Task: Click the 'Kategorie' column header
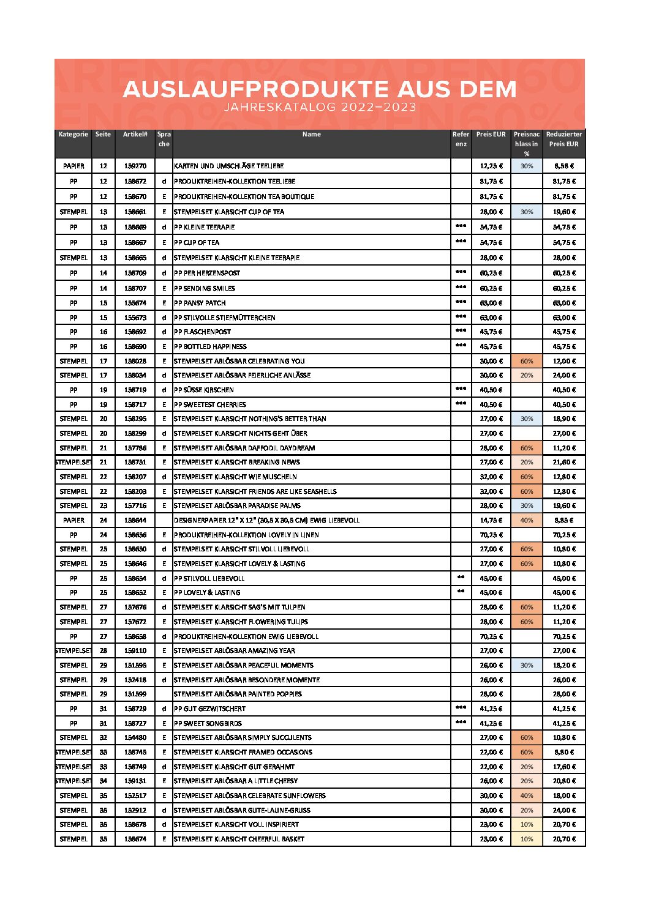(73, 135)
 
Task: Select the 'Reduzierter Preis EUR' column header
(563, 139)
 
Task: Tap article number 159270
(135, 166)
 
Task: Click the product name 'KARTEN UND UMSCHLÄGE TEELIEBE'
(229, 166)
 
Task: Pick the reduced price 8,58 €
(563, 166)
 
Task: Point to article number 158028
(135, 361)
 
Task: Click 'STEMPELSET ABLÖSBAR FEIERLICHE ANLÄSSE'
(243, 375)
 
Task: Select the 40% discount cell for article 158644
(527, 520)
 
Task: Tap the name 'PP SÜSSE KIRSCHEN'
(204, 390)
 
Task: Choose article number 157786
(135, 448)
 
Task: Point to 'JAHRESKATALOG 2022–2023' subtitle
(320, 107)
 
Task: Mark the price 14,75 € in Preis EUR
(491, 520)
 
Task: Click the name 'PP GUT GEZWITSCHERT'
(210, 709)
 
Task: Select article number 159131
(135, 781)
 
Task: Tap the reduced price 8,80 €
(563, 752)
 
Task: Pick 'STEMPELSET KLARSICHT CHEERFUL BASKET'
(239, 839)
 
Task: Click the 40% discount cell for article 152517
(527, 795)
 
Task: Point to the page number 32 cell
(104, 737)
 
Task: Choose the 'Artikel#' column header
(135, 135)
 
